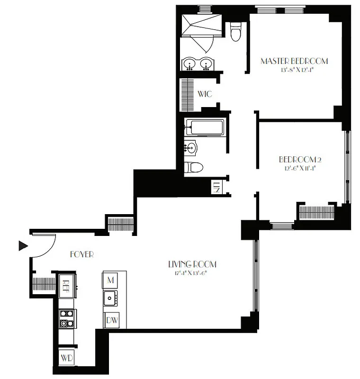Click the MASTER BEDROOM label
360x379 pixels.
pyautogui.click(x=294, y=61)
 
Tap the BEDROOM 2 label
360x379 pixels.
pyautogui.click(x=294, y=160)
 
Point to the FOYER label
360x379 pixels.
pyautogui.click(x=81, y=254)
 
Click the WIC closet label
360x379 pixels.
pyautogui.click(x=205, y=94)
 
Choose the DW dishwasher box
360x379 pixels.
pyautogui.click(x=112, y=321)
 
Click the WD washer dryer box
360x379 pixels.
pyautogui.click(x=66, y=358)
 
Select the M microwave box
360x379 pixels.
pyautogui.click(x=111, y=280)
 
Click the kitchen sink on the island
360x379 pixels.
pyautogui.click(x=111, y=298)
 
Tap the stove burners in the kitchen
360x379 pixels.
pyautogui.click(x=66, y=318)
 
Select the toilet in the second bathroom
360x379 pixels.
pyautogui.click(x=194, y=167)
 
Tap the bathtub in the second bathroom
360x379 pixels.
pyautogui.click(x=204, y=127)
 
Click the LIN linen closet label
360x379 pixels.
pyautogui.click(x=217, y=188)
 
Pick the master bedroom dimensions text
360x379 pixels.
pyautogui.click(x=294, y=71)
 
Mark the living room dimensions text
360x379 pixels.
pyautogui.click(x=189, y=273)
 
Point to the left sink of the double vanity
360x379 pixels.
pyautogui.click(x=190, y=63)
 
